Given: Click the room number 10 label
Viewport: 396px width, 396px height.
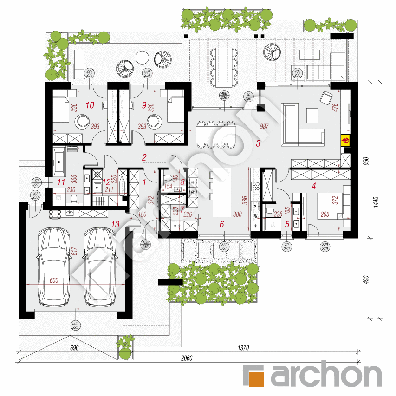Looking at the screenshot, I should (90, 105).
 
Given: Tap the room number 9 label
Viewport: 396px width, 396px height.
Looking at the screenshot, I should (144, 105).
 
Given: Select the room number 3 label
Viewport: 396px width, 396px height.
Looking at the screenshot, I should (258, 143).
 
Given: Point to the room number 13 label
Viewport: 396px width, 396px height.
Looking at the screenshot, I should (116, 224).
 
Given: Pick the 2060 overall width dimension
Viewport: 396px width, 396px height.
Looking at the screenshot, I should (187, 358).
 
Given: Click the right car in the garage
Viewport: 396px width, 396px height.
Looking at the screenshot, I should (100, 267).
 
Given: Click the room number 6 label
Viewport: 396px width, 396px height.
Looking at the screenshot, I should (221, 224).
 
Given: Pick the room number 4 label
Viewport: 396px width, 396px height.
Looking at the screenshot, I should (314, 186).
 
